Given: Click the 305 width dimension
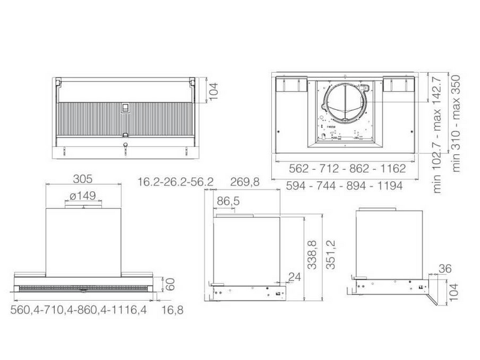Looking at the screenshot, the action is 83,179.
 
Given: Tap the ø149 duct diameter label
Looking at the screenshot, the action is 83,196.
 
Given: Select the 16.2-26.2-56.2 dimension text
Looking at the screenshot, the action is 175,182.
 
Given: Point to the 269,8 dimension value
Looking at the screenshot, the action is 245,182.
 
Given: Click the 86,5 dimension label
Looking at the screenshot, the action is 229,202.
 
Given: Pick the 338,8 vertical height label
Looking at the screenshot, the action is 312,254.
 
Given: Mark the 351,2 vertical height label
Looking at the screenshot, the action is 331,254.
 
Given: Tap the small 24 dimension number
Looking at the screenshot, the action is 295,277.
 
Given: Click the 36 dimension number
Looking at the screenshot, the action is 445,268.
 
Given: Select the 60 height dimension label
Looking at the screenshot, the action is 170,284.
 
